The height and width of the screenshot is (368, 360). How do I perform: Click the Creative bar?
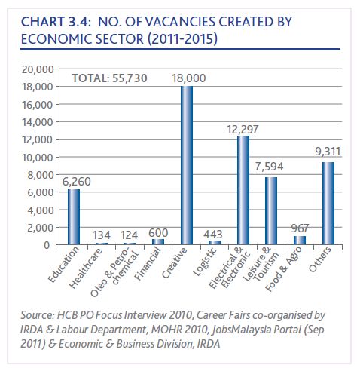click(187, 165)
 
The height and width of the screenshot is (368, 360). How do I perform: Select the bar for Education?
click(74, 217)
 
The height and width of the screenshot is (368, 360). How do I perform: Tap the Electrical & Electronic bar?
click(243, 190)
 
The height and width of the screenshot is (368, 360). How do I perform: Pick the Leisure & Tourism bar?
click(271, 211)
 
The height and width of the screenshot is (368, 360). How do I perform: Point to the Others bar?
click(328, 204)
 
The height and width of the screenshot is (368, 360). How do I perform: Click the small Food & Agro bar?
click(300, 241)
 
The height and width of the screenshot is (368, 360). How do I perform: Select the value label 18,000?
click(189, 78)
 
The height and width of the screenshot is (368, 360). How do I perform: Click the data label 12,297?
click(243, 130)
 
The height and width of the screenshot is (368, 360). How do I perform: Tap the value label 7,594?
click(269, 167)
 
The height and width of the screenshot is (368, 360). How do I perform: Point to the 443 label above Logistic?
click(213, 235)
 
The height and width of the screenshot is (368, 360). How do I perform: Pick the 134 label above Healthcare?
click(102, 235)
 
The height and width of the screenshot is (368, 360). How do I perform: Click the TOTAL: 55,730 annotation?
click(109, 78)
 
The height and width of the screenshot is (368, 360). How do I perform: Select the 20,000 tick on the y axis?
click(38, 69)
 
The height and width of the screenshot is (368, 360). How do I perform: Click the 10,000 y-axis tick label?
click(38, 158)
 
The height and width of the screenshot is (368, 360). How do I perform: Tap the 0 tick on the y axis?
click(47, 245)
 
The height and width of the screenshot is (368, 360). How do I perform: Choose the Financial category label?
click(148, 263)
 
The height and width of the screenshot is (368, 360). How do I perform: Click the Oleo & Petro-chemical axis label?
click(114, 272)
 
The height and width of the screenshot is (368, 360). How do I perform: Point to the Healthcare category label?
click(86, 268)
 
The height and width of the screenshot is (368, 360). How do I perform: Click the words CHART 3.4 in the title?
click(56, 22)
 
